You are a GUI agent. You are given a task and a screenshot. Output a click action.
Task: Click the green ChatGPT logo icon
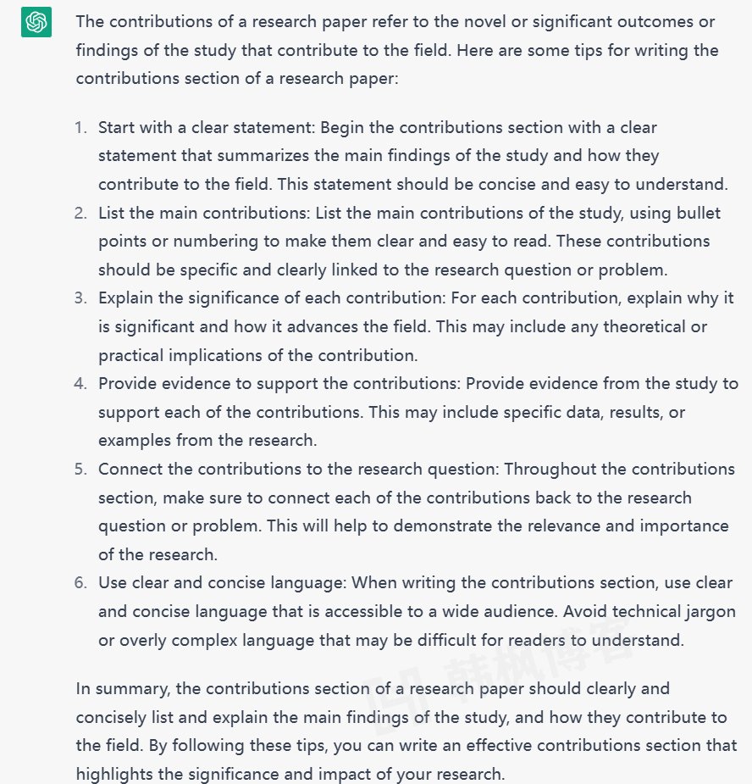(36, 22)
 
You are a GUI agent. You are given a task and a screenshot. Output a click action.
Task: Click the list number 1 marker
(80, 128)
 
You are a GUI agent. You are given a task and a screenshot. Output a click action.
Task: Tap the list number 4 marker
(80, 384)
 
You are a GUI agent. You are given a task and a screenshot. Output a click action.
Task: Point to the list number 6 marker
(80, 583)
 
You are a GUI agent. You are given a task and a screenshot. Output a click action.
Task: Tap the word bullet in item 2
(697, 214)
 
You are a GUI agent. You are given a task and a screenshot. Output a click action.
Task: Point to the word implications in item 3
(210, 355)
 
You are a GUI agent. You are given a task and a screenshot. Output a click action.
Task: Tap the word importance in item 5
(683, 526)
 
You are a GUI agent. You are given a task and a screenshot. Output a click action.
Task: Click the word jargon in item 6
(708, 612)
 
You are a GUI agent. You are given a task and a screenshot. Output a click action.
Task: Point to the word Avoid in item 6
(586, 612)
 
